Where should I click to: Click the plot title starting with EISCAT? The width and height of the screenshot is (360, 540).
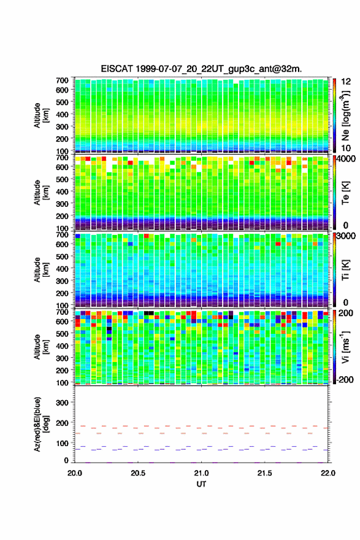201,69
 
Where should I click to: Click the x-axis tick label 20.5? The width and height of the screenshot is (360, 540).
137,473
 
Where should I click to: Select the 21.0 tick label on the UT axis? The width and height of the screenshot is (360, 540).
201,473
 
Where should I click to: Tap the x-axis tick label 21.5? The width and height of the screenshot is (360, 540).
264,473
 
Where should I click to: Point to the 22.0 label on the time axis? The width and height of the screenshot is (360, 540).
327,473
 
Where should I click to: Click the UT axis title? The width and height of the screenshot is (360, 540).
201,484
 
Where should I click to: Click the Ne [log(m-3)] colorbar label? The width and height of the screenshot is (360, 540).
345,115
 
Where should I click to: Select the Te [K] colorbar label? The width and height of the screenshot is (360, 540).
345,193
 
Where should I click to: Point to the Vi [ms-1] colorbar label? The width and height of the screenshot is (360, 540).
345,347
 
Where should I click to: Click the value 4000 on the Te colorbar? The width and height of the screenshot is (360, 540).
346,159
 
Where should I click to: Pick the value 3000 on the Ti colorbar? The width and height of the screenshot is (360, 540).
346,236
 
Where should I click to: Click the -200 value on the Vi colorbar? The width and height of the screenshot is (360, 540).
345,379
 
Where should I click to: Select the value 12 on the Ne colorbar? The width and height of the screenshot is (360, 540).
346,82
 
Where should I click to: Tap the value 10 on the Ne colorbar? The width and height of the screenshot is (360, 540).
346,148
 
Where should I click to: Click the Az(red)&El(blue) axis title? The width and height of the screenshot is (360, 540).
41,424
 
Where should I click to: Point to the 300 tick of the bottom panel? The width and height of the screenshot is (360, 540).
62,403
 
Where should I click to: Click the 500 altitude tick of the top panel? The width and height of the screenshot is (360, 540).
62,102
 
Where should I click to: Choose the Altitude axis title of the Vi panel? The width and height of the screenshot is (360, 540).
41,347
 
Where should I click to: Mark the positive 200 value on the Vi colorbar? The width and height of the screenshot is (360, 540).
346,313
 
